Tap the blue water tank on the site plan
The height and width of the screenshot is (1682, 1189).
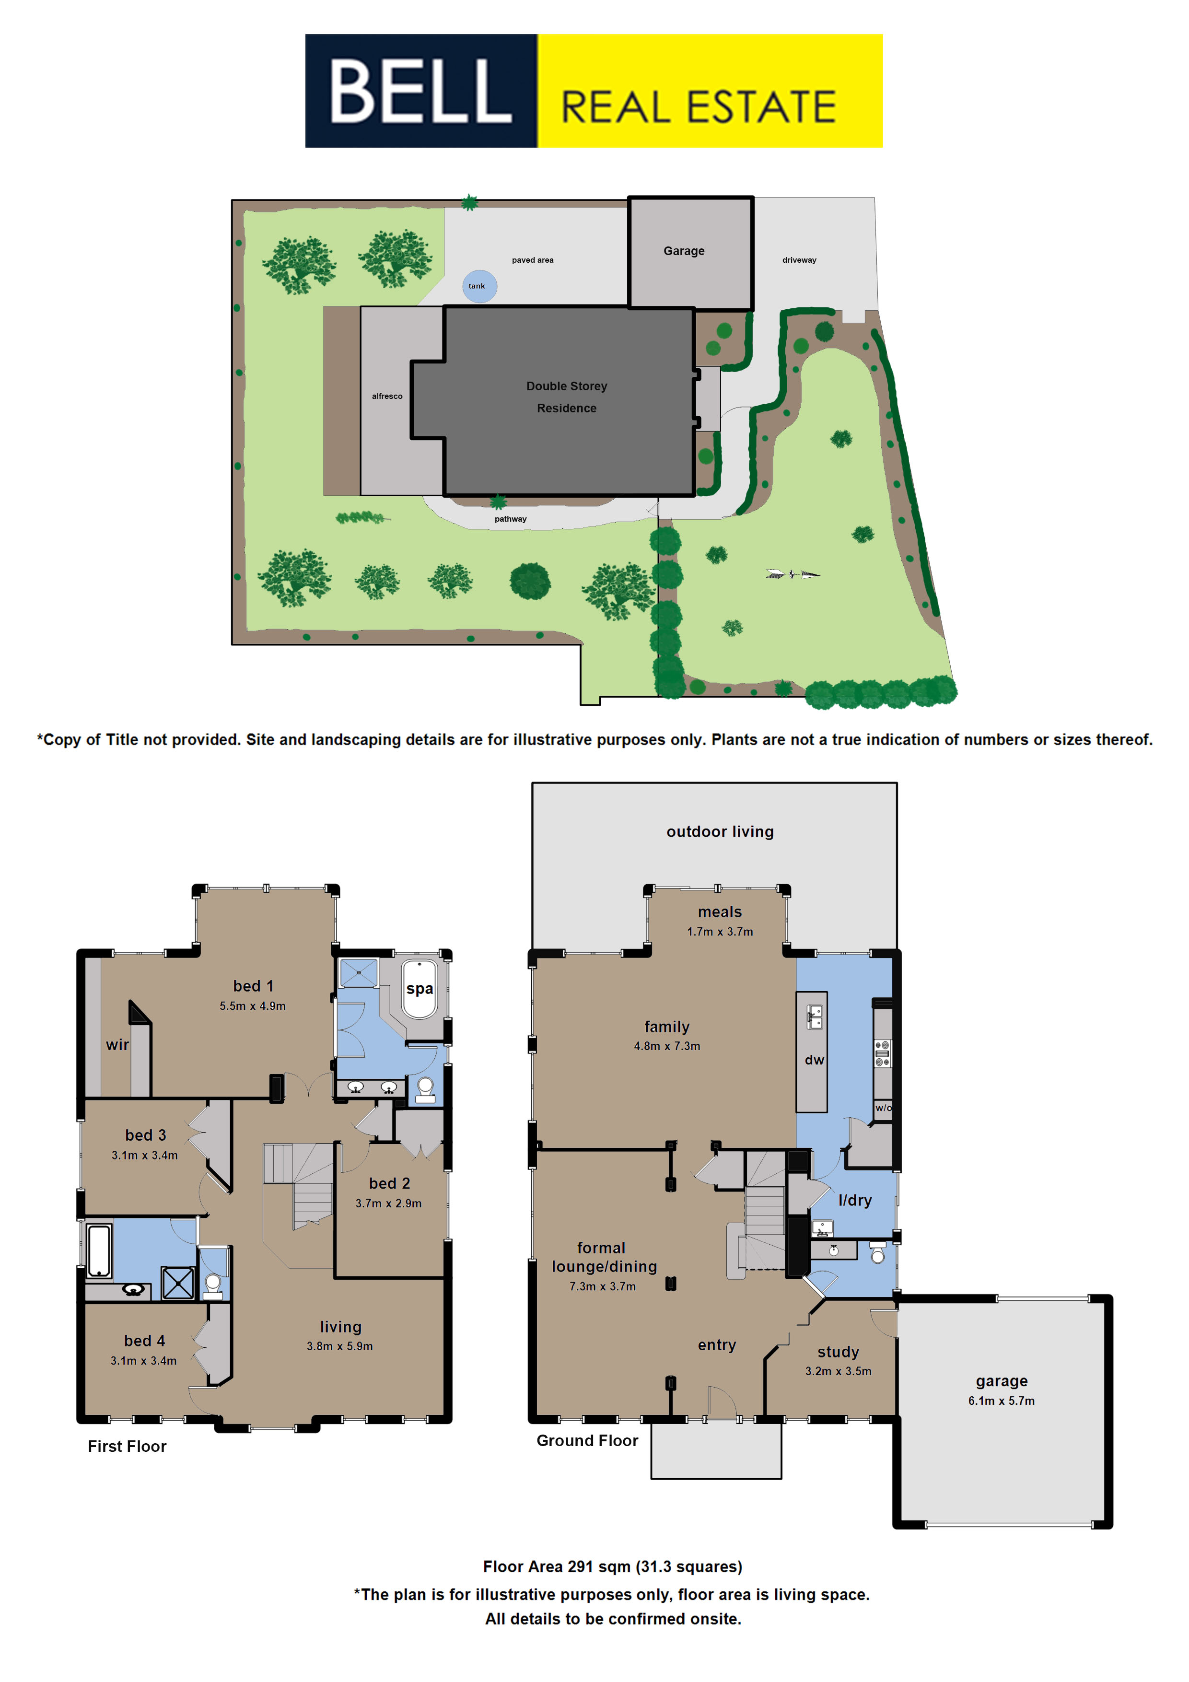479,286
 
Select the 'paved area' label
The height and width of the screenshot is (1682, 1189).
533,260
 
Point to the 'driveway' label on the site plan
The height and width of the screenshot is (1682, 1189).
799,260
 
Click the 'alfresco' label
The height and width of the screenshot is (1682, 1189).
387,397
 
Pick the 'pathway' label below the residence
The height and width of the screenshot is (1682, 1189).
510,519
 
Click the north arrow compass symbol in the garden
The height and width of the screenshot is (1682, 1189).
793,574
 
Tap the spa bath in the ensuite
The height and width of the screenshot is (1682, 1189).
419,989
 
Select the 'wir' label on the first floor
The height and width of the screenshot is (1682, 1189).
117,1045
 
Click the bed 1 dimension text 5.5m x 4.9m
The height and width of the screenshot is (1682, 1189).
253,1006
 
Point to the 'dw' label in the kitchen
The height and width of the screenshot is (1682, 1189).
814,1060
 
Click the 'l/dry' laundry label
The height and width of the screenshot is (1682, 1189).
855,1200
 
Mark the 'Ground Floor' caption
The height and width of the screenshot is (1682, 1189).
587,1440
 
